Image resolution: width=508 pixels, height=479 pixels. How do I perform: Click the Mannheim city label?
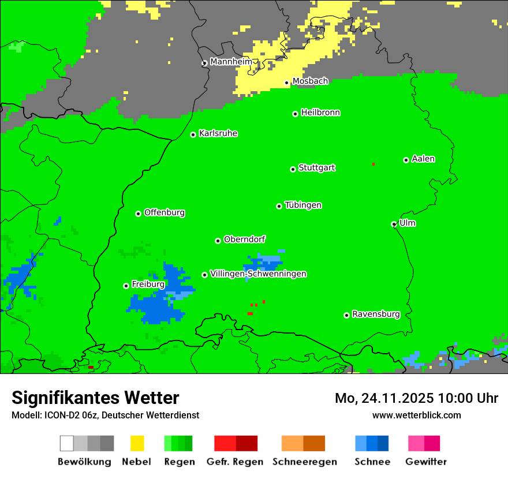231,62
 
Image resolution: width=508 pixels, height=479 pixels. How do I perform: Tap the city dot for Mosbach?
286,83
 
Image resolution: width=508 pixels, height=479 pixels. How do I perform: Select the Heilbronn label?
320,113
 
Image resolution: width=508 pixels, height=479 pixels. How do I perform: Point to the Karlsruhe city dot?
193,134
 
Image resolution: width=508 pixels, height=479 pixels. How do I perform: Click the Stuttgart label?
316,168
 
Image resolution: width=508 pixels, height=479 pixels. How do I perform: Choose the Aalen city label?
423,159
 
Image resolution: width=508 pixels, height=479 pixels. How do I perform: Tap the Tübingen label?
303,205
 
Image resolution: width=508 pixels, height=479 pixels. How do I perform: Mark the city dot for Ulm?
394,224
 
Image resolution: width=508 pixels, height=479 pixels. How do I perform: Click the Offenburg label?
165,212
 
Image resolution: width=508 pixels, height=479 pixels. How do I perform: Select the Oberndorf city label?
244,239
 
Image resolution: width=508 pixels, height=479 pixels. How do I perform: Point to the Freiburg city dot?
126,286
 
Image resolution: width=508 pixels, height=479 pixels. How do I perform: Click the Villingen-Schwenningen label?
258,274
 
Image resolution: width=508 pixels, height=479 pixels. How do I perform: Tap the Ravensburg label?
376,315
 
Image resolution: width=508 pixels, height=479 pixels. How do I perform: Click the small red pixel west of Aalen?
373,164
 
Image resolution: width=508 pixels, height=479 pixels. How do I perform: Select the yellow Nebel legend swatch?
137,443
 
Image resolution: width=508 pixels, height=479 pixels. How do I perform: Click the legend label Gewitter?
425,462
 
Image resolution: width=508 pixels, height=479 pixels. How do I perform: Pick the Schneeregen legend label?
305,462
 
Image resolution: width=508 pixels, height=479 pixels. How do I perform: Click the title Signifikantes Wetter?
95,398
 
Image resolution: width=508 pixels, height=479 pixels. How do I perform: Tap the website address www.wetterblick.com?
416,415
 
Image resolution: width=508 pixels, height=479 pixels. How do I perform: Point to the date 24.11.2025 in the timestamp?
398,398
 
